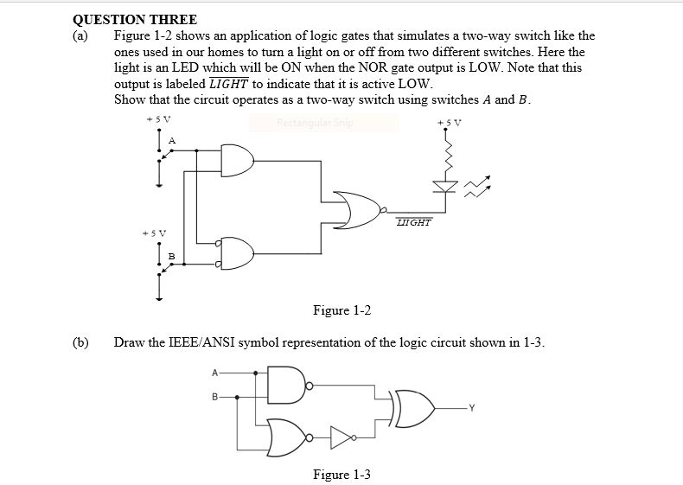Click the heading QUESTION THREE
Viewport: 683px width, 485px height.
(135, 19)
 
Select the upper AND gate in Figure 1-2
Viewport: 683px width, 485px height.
(237, 159)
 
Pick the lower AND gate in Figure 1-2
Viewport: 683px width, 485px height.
(237, 252)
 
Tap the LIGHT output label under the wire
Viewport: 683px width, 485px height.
(412, 222)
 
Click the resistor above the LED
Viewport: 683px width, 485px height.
(449, 155)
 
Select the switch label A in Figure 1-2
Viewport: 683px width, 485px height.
(171, 140)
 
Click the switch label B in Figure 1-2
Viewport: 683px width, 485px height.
(171, 256)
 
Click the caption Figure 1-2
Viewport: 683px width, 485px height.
(341, 310)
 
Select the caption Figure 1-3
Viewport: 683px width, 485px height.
(341, 474)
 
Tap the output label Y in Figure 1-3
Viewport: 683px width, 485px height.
(474, 409)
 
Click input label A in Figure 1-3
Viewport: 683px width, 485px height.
(215, 373)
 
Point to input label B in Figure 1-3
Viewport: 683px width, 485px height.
(215, 398)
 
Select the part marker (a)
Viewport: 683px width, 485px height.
(80, 35)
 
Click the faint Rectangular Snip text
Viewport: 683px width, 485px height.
(315, 122)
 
